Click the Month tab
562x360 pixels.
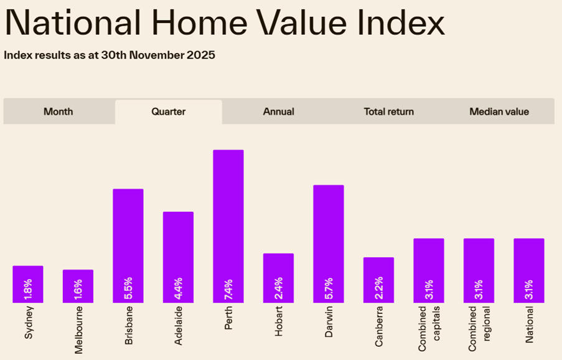pyautogui.click(x=59, y=112)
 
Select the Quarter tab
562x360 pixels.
pyautogui.click(x=169, y=112)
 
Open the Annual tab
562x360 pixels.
pyautogui.click(x=278, y=112)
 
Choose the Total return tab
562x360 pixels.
pyautogui.click(x=388, y=112)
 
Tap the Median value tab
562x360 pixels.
pyautogui.click(x=499, y=112)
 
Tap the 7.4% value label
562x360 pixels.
pyautogui.click(x=228, y=289)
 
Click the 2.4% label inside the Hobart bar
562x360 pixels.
pyautogui.click(x=278, y=289)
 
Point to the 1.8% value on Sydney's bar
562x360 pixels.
pyautogui.click(x=28, y=289)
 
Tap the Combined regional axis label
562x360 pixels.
pyautogui.click(x=479, y=328)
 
